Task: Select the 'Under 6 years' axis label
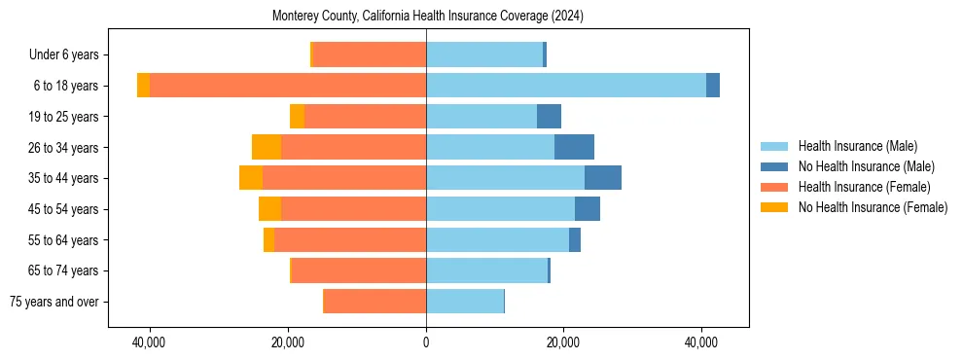tap(69, 54)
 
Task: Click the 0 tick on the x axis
tap(426, 342)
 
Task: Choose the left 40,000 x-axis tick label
tap(150, 342)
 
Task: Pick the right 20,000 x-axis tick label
tap(563, 342)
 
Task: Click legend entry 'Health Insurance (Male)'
tap(857, 146)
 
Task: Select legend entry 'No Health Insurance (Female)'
tap(873, 207)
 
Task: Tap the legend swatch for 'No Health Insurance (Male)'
tap(775, 166)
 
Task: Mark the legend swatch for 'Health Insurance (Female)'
tap(775, 187)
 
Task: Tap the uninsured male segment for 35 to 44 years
tap(603, 178)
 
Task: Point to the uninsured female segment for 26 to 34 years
tap(267, 147)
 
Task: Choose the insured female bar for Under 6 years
tap(370, 54)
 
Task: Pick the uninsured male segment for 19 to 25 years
tap(549, 117)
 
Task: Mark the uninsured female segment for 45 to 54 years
tap(269, 209)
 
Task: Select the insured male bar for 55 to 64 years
tap(497, 239)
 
